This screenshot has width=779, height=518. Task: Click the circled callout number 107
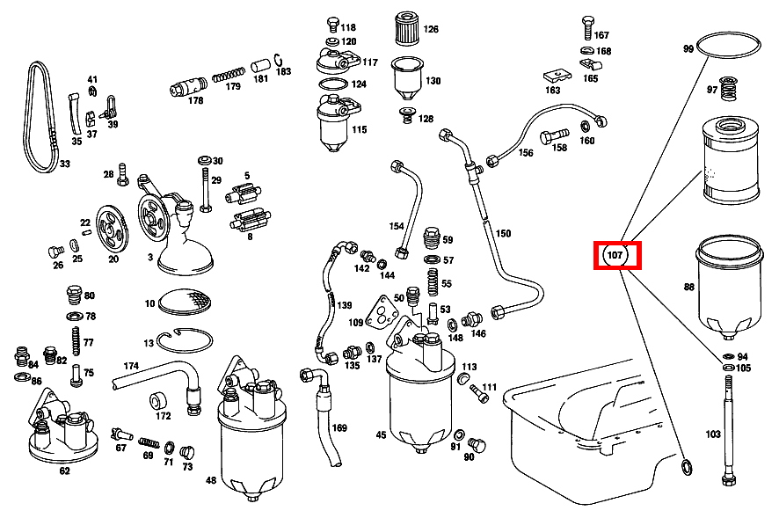click(615, 256)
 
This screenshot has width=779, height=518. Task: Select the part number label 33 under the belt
click(64, 164)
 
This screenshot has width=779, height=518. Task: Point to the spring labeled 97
click(727, 89)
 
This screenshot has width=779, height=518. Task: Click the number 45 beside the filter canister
click(381, 434)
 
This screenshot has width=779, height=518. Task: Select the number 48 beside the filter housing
click(211, 481)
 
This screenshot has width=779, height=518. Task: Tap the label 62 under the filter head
click(64, 471)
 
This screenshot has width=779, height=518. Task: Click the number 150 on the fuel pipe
click(503, 234)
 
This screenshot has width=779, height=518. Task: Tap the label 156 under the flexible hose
click(526, 153)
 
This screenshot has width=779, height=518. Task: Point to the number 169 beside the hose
click(339, 428)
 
